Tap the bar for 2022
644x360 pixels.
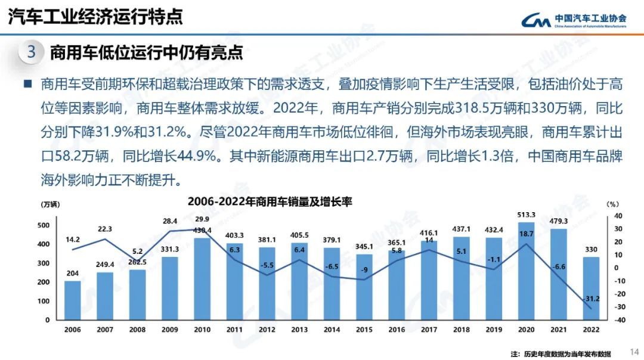[591, 288]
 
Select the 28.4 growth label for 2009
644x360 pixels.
[170, 221]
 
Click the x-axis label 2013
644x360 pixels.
[299, 330]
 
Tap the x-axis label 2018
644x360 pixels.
[462, 330]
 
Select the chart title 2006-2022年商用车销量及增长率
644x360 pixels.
[270, 202]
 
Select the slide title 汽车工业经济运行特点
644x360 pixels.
[95, 17]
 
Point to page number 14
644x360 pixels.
[634, 351]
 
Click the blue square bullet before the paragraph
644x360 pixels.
[27, 84]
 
